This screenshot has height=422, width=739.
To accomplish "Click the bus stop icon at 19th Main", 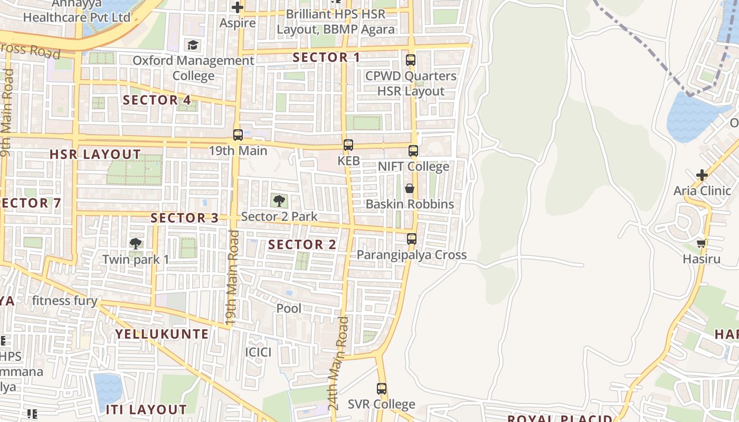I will pos(238,135).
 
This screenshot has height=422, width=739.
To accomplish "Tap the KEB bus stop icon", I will pos(348,145).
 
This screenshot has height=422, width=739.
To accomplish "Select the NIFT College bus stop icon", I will pos(413,151).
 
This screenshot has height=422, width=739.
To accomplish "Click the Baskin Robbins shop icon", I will pos(410,188).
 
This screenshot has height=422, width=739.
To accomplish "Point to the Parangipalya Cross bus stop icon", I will pos(412,239).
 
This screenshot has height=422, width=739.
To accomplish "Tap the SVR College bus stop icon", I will pos(382,389).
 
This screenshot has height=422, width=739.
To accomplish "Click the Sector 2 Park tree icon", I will pos(279,200).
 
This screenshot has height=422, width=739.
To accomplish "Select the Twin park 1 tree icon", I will pos(136,243).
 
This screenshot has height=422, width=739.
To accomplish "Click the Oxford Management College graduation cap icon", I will pos(193,45).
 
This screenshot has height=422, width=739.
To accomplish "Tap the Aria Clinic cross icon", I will pos(702,175).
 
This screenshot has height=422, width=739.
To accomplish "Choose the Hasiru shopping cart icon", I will pos(702,243).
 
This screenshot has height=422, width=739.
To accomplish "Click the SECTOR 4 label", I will pos(157,100).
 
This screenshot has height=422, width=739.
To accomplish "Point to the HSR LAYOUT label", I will pos(95,155).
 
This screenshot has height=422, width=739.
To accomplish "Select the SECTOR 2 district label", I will pos(302,245).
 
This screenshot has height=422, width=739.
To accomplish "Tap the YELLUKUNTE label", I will pos(162,334).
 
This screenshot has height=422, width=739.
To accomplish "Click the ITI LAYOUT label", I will pos(146,409).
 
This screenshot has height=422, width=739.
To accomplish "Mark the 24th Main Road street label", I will pos(338,364).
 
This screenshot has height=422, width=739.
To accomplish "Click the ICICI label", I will pos(258,352).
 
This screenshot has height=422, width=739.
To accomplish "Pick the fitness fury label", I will pos(64,301).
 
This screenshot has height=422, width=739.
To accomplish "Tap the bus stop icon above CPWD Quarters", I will pos(411,60).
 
